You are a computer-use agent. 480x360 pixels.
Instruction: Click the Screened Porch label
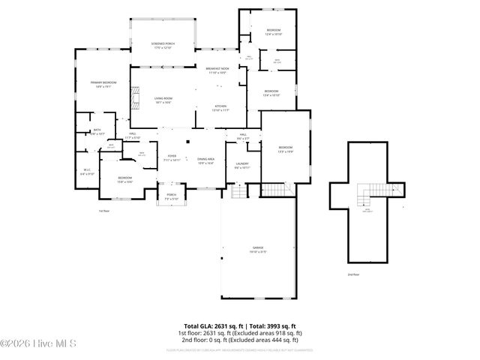(x=163, y=46)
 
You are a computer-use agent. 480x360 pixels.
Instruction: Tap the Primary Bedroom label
(x=103, y=85)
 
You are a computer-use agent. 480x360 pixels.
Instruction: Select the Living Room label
(x=163, y=100)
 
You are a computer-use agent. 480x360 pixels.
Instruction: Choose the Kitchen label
(x=221, y=109)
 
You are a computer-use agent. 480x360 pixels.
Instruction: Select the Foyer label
(x=172, y=158)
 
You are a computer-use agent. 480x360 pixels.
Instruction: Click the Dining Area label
(x=205, y=160)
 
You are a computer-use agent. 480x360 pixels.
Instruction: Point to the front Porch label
(x=171, y=196)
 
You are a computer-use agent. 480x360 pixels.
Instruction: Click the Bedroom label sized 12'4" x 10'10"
(x=274, y=32)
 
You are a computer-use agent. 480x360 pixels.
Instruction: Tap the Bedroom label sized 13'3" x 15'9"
(x=286, y=148)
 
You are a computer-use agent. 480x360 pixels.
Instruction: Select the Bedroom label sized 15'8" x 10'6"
(x=124, y=180)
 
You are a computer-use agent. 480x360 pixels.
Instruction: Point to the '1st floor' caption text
(x=104, y=211)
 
